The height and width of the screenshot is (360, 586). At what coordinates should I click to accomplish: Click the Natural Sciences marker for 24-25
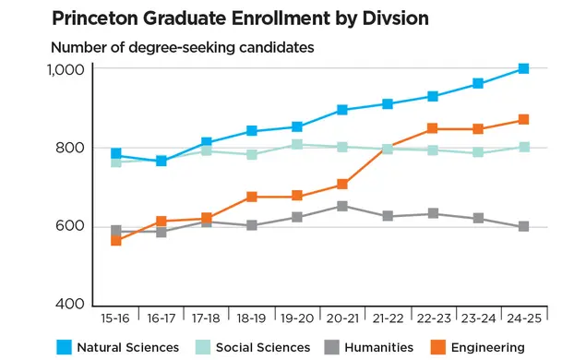coord(523,68)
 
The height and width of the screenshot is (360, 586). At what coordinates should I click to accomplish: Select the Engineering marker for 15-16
coord(116,240)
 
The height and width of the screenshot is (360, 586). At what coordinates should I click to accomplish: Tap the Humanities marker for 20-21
coord(342,206)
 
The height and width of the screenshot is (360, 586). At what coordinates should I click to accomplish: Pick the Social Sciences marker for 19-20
coord(297,144)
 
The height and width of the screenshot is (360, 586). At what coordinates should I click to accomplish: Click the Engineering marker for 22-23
coord(433,129)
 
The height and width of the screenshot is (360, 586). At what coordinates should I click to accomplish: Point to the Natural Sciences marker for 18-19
coord(252,131)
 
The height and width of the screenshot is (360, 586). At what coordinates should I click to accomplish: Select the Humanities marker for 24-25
coord(523,226)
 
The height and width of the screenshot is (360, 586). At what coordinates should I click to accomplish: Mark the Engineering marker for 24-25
coord(523,120)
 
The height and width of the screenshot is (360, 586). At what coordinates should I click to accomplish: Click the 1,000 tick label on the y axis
coord(66,70)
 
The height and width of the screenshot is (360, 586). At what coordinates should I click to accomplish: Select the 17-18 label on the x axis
coord(207,319)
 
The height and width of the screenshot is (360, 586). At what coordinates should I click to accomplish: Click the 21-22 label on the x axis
coord(388,319)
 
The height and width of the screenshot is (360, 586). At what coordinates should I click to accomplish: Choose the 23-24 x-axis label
coord(478,319)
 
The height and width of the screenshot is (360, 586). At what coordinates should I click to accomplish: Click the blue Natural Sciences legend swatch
coord(62,347)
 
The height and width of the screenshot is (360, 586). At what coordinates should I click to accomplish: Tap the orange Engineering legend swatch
coord(439,347)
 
